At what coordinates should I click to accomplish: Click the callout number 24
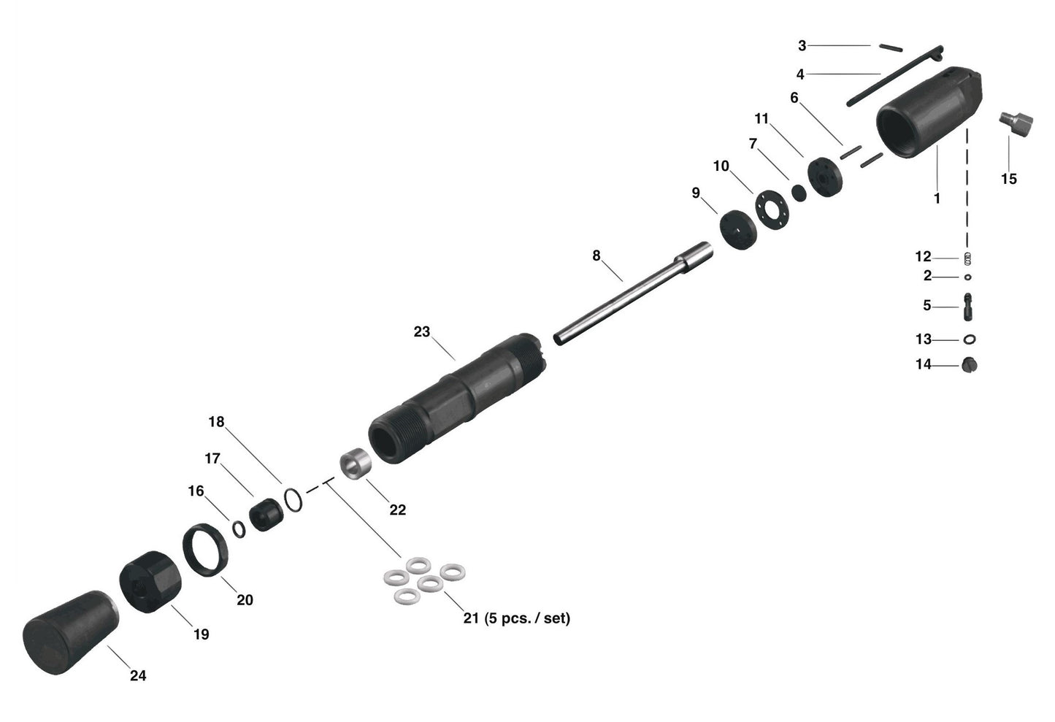tap(138, 676)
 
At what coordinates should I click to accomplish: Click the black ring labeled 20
tap(206, 550)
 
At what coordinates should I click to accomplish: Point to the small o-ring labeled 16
tap(239, 529)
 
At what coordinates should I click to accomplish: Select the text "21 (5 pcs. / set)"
tap(517, 618)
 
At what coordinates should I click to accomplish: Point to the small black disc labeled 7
tap(799, 192)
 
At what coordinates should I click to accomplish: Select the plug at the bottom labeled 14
tap(969, 364)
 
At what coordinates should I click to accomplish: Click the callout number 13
tap(924, 339)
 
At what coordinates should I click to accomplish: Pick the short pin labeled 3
tap(891, 47)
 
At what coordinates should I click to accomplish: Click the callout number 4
tap(800, 74)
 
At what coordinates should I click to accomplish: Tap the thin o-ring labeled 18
tap(293, 500)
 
